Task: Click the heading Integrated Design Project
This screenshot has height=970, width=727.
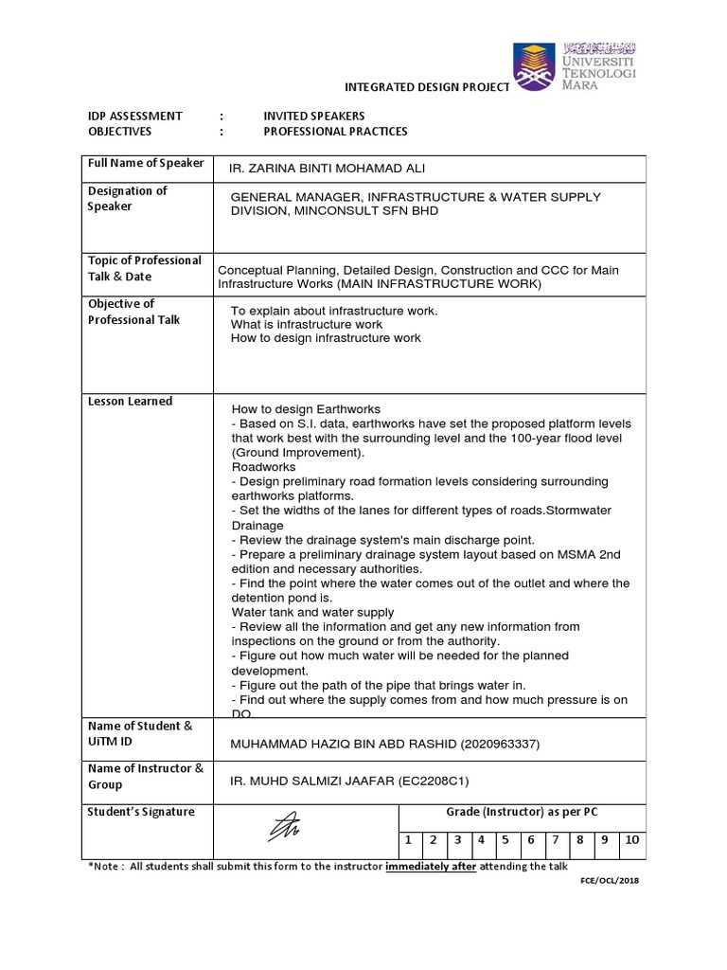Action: [427, 87]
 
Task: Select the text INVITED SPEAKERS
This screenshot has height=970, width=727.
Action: [313, 116]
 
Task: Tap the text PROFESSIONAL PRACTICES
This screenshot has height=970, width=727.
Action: [335, 132]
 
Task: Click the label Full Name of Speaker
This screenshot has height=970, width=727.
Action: [146, 163]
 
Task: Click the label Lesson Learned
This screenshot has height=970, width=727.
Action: [131, 401]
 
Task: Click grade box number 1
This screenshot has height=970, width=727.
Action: [407, 838]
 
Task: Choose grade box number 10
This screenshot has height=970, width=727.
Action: [632, 838]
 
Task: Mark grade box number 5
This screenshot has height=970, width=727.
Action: [505, 838]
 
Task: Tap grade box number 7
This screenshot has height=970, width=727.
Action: [555, 838]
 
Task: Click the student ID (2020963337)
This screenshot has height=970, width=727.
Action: [500, 745]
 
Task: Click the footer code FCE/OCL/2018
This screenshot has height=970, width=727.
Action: [610, 880]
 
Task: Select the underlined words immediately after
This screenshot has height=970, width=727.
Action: [431, 866]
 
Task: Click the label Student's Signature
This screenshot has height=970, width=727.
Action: [141, 812]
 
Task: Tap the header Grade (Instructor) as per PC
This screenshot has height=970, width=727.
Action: [522, 812]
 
